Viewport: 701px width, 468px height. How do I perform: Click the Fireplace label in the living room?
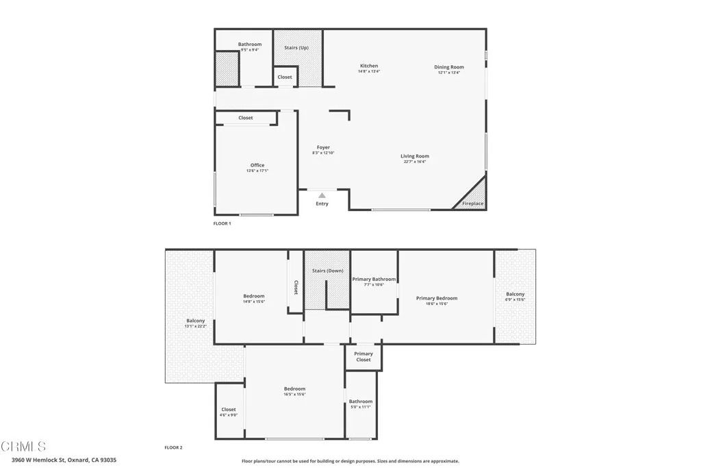point(472,204)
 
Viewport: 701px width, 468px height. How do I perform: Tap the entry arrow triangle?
point(322,195)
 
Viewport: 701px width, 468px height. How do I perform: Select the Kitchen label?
point(369,66)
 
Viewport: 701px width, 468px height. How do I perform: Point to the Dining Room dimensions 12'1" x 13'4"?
point(448,73)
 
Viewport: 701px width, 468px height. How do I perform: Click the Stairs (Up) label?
point(296,47)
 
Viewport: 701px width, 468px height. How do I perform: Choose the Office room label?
point(257,165)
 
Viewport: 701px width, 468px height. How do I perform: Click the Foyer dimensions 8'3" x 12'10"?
point(323,153)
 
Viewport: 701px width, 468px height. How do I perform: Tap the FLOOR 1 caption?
point(222,223)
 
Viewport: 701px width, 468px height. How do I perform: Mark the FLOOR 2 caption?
point(173,447)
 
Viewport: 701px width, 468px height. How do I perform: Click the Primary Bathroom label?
point(374,279)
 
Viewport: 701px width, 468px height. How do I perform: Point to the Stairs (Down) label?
point(327,271)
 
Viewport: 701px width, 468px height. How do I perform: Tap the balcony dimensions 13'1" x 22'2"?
point(195,326)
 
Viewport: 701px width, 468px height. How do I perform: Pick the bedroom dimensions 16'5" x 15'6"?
point(294,394)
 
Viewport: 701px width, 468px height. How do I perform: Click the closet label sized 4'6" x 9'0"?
point(229,415)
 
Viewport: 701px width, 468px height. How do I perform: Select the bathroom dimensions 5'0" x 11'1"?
point(360,407)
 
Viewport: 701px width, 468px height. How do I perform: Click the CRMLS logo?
point(24,447)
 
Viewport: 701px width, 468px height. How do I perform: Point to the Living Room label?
point(415,156)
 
